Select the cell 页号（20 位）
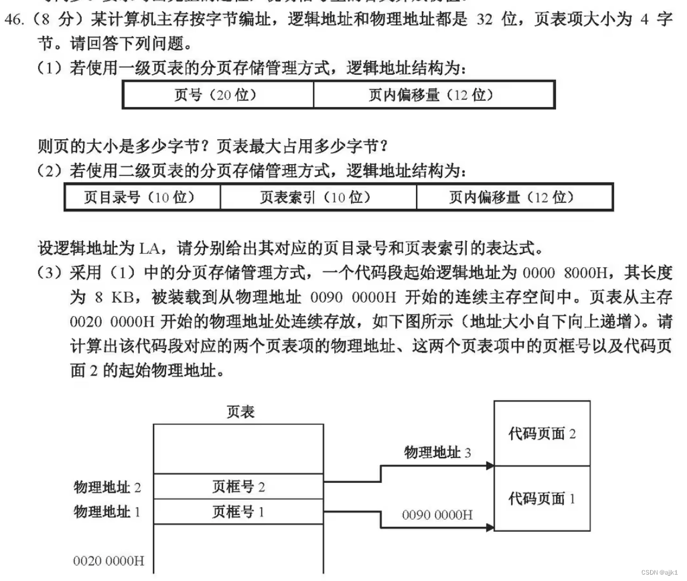(217, 95)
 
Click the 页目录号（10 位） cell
(142, 197)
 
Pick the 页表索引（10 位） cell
(318, 197)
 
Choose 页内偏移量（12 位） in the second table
(514, 197)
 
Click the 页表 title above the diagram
(241, 412)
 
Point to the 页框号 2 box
(238, 486)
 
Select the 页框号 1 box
(238, 512)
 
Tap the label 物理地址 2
(107, 486)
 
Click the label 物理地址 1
(107, 512)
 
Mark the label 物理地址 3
(438, 452)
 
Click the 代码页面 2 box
(542, 433)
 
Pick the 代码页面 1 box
(542, 499)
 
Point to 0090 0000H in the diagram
(437, 515)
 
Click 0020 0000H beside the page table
(109, 561)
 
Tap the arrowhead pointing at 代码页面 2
(490, 466)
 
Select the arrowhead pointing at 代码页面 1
(490, 528)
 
